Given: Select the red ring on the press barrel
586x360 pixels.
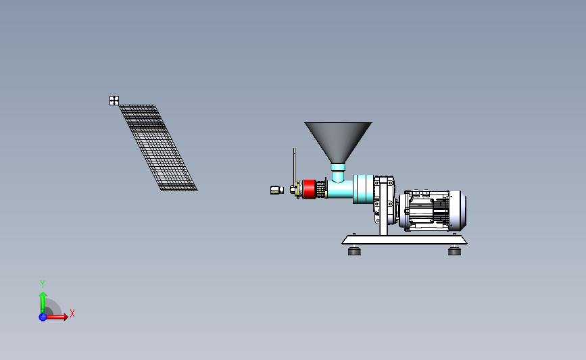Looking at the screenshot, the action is [x=309, y=189].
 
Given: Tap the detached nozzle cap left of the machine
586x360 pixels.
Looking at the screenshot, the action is [x=277, y=190].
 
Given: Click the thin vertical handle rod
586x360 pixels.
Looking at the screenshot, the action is [x=294, y=167].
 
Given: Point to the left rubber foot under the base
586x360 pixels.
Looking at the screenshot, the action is [x=354, y=251].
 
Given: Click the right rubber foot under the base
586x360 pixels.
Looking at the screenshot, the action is [x=454, y=251].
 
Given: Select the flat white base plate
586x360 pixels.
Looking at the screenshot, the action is [x=404, y=240].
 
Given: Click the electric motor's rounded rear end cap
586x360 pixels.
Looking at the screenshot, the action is [x=458, y=211].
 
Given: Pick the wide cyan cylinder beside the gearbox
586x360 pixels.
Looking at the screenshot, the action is [x=363, y=189].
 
